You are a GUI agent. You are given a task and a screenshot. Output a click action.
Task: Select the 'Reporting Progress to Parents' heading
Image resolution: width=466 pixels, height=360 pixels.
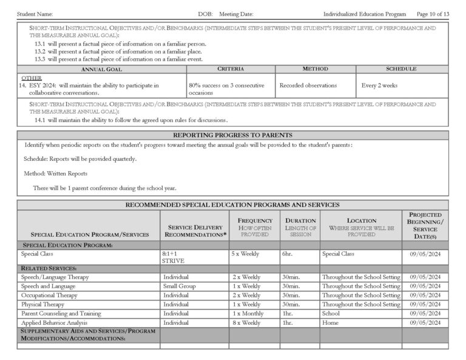(232, 135)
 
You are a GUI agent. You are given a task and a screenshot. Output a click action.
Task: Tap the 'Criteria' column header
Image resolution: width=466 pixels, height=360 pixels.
(230, 70)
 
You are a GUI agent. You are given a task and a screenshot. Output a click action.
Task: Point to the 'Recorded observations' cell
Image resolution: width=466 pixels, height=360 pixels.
(308, 86)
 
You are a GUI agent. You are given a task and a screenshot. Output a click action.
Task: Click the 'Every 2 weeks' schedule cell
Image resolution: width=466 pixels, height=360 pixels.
(379, 86)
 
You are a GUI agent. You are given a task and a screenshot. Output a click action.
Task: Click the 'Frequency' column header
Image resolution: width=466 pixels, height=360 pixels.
(255, 220)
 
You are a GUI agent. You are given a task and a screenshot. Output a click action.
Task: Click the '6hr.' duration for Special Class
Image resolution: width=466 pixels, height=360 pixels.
(288, 253)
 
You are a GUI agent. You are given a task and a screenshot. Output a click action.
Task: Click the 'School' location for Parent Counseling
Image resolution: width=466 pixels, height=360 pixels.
(331, 313)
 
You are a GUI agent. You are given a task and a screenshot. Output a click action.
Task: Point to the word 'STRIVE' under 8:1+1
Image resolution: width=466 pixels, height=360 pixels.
(173, 260)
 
